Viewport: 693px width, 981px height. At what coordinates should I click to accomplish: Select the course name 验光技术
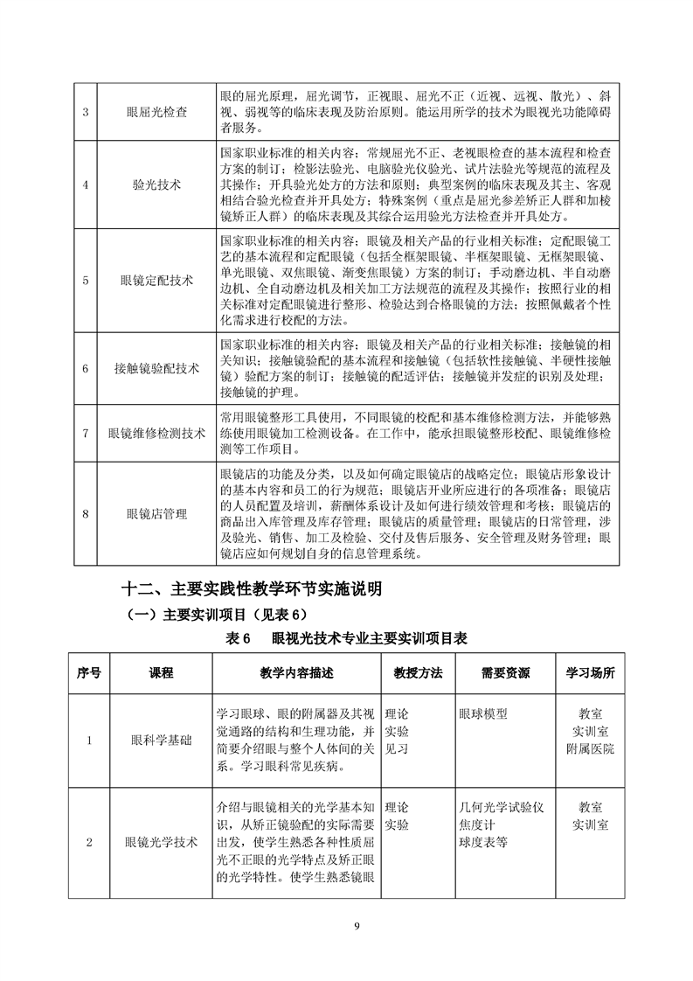coord(156,184)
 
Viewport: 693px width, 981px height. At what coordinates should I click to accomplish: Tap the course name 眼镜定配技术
coord(156,281)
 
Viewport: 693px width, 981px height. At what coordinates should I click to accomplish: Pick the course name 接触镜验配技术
coord(156,368)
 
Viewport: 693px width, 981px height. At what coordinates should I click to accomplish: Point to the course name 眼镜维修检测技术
coord(156,433)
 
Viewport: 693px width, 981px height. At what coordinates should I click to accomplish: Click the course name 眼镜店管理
coord(156,513)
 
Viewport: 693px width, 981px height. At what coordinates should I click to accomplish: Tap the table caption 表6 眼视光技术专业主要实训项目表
coord(346,638)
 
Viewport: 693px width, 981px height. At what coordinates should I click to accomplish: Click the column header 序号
coord(89,673)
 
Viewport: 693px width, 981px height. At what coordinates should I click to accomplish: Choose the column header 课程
coord(161,673)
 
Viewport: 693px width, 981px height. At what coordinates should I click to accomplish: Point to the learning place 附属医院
coord(590,749)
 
